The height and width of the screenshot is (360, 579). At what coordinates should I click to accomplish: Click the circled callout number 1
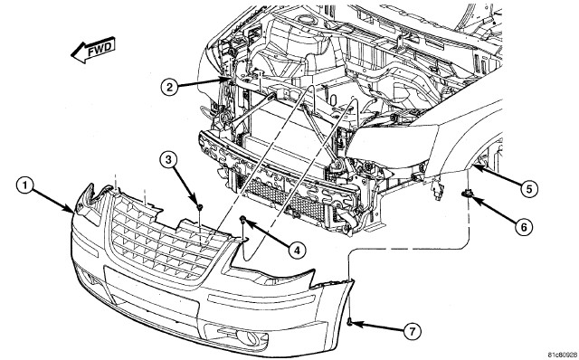click(x=25, y=185)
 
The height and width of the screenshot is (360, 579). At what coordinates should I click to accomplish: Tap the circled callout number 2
click(x=169, y=87)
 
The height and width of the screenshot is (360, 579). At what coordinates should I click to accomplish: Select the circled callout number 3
click(x=168, y=160)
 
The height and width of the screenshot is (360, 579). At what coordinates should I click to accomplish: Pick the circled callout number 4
click(x=297, y=251)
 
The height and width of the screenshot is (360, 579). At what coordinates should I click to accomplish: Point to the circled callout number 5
click(x=529, y=189)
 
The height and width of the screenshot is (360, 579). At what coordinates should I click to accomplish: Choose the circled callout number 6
click(x=524, y=226)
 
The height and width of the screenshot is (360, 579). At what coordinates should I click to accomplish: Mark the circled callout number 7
click(x=413, y=332)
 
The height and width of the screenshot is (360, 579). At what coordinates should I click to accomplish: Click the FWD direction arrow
click(x=93, y=50)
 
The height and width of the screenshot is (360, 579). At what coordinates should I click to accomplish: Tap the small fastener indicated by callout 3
click(x=199, y=207)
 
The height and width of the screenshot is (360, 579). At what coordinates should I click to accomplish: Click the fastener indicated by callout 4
click(x=243, y=220)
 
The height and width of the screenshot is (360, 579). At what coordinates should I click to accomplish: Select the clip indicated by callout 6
click(x=467, y=193)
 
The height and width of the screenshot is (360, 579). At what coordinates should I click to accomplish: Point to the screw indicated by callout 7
click(x=349, y=323)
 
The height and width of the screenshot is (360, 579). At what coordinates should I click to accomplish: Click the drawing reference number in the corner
click(x=563, y=355)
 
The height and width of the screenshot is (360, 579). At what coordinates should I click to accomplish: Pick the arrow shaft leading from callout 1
click(x=53, y=199)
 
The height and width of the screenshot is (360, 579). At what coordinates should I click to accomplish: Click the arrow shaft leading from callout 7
click(x=377, y=327)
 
